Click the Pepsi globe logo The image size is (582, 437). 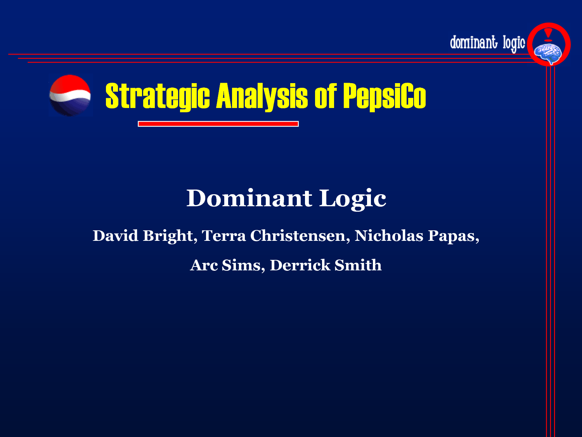click(70, 96)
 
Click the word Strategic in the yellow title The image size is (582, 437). click(158, 96)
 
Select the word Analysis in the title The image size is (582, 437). click(262, 96)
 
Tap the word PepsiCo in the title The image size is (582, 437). click(385, 96)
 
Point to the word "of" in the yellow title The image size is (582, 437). click(326, 96)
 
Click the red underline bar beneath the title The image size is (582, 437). click(218, 124)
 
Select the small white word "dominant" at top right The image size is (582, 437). click(474, 42)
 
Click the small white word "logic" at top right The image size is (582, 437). click(514, 44)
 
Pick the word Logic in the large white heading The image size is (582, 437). click(353, 200)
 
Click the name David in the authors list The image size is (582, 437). click(115, 235)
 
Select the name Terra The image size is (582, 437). click(224, 236)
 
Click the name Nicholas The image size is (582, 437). click(389, 235)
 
